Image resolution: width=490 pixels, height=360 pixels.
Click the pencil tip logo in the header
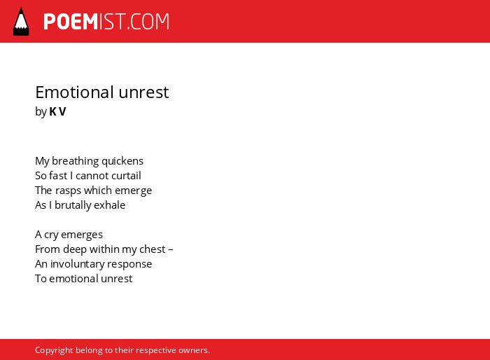(x=21, y=21)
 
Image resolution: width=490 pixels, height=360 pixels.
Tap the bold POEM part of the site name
(x=71, y=22)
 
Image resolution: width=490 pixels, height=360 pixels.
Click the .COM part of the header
(x=148, y=22)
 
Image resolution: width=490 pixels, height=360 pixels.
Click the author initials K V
(x=58, y=111)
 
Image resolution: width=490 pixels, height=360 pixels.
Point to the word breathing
(x=75, y=161)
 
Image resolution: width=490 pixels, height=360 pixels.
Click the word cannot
(x=90, y=176)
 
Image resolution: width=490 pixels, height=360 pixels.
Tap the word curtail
(x=124, y=176)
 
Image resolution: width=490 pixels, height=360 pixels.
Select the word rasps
(x=68, y=191)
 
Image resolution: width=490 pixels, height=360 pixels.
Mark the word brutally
(x=73, y=205)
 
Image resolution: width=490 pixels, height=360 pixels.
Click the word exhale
(x=110, y=205)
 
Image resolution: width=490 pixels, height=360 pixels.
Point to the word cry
(x=51, y=235)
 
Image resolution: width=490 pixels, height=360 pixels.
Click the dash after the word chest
(x=170, y=250)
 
